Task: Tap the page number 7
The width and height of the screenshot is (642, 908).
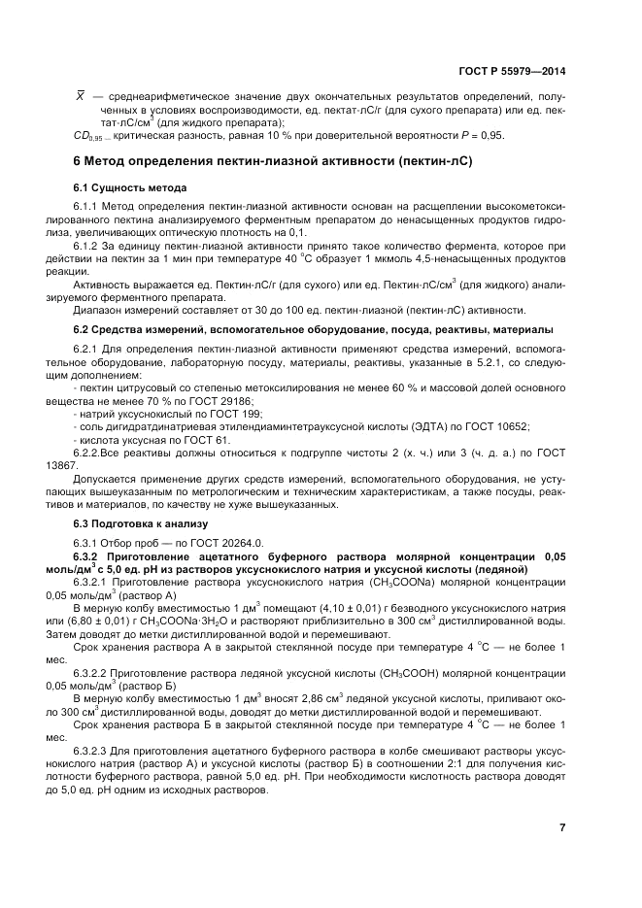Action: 562,827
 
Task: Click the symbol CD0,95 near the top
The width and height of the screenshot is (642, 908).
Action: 89,136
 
